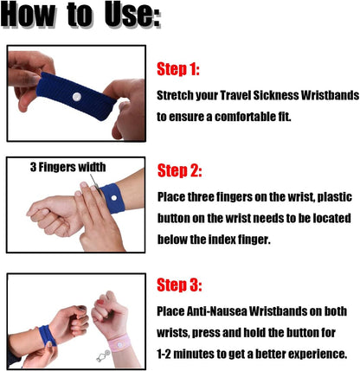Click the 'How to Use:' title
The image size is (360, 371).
click(x=80, y=15)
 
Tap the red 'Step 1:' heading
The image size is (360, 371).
click(x=178, y=69)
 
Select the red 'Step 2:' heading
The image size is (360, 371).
click(x=179, y=170)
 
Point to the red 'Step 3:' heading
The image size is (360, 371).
click(x=179, y=285)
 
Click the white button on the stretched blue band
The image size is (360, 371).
click(x=77, y=97)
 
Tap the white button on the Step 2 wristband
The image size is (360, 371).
click(x=114, y=198)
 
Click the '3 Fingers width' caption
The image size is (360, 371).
click(x=67, y=167)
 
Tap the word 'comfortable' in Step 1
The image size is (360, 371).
click(x=245, y=117)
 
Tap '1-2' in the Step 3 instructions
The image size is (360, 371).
click(x=164, y=354)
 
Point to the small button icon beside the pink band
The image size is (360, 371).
click(x=103, y=355)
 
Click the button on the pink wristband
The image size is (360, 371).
click(x=119, y=343)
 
